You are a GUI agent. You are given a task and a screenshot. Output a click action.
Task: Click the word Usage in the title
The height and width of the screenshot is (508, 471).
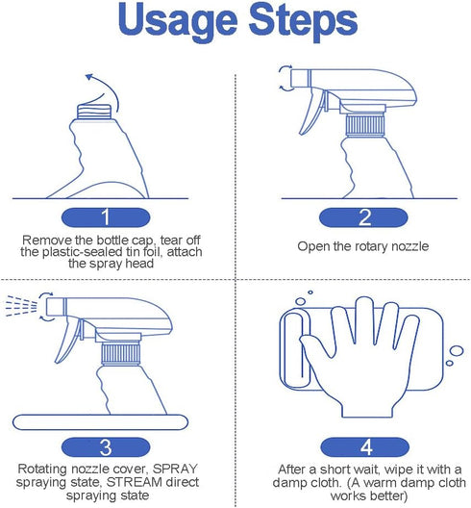coord(178,22)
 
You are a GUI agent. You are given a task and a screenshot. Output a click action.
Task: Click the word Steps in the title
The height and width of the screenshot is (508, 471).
coord(303,22)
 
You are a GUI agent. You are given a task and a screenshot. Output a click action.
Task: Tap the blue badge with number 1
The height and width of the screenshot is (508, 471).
coord(106,217)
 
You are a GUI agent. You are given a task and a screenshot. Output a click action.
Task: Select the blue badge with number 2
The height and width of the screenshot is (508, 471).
coord(363,217)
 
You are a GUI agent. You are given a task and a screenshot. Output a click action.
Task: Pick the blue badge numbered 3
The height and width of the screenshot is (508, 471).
coord(106,447)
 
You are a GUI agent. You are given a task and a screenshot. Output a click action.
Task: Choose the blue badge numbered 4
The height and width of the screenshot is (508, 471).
coord(365,447)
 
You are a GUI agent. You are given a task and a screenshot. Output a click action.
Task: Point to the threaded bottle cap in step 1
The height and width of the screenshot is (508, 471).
coord(94,112)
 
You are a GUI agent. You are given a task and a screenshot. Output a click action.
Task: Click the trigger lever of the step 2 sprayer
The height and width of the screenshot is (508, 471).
coord(310,112)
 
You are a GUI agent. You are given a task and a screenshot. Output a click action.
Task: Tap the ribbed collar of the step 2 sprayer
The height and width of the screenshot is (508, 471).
coord(364,125)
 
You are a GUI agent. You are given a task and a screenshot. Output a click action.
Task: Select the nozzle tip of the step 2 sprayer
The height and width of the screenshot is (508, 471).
coord(301,78)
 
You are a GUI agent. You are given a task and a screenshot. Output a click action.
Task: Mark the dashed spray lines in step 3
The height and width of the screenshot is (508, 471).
coord(21,305)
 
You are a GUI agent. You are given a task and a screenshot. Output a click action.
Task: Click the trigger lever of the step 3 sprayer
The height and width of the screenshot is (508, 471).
coord(67,341)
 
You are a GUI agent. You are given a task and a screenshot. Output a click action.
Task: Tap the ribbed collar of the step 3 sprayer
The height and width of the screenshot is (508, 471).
coord(120,354)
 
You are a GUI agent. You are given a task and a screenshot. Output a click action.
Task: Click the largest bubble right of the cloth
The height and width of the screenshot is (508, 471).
coord(457,351)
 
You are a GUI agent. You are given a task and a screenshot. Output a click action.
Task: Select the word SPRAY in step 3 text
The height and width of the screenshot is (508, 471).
coord(175,469)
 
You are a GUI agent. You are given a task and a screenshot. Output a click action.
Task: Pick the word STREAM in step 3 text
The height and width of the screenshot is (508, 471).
coord(135,482)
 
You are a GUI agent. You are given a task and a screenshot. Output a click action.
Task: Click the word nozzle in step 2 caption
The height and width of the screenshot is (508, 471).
coord(409,246)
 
